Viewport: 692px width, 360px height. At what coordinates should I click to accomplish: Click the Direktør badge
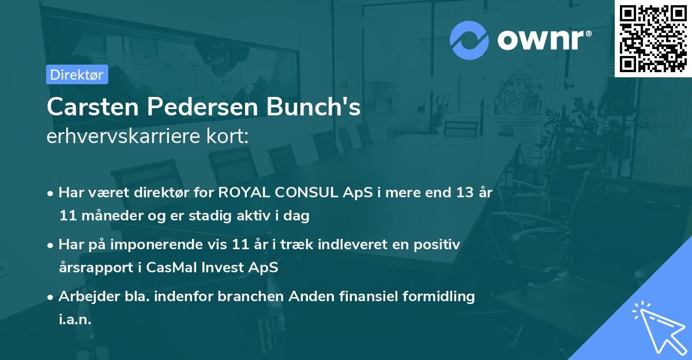click(x=77, y=74)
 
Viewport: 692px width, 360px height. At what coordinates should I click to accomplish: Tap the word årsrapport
click(x=91, y=268)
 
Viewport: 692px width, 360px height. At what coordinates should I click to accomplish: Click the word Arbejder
click(x=84, y=297)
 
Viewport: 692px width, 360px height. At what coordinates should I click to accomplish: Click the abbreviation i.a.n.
click(x=75, y=320)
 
